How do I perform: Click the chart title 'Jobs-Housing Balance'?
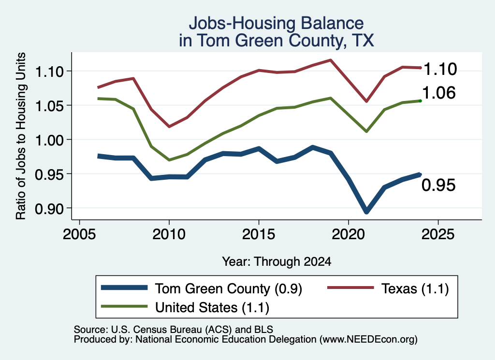[x=276, y=23]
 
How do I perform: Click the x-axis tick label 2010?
[x=169, y=234]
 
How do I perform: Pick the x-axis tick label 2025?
[x=438, y=234]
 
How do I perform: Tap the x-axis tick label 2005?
[x=80, y=234]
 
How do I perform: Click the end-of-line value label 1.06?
[x=439, y=93]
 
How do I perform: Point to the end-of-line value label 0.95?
[x=439, y=185]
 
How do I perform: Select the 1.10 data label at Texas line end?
[x=440, y=69]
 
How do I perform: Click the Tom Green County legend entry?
[x=202, y=288]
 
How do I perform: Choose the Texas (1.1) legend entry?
[x=388, y=288]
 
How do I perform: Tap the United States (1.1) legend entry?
[x=185, y=307]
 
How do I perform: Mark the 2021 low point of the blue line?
[x=366, y=211]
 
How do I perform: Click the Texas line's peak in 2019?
[x=331, y=60]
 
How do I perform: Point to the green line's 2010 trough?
[x=169, y=160]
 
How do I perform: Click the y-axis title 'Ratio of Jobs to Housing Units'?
[x=21, y=136]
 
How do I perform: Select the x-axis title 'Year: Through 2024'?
[x=277, y=261]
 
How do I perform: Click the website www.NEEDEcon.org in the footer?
[x=368, y=340]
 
